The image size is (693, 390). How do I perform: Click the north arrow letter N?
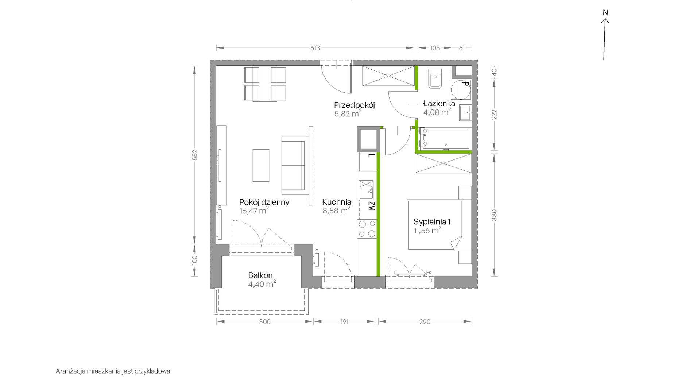point(605,13)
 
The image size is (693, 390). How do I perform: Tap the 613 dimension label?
point(315,48)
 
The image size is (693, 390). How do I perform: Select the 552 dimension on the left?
point(195,155)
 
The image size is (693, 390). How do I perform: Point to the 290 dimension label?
point(425,321)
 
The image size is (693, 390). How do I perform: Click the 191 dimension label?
point(344,321)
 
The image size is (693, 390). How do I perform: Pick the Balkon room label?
point(260,275)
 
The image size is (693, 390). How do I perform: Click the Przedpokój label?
point(355,105)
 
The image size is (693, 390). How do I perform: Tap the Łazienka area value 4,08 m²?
point(437,112)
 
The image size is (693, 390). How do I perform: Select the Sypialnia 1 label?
point(432,222)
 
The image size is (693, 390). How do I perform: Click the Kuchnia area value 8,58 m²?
point(336,210)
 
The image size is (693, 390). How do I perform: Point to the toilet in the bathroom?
point(435,78)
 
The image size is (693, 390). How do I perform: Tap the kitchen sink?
point(366,189)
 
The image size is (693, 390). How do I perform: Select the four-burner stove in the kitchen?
point(367,229)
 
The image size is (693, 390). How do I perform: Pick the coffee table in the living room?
point(261,165)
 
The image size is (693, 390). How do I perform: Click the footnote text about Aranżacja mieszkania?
point(113,371)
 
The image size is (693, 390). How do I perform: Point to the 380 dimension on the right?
point(494,215)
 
